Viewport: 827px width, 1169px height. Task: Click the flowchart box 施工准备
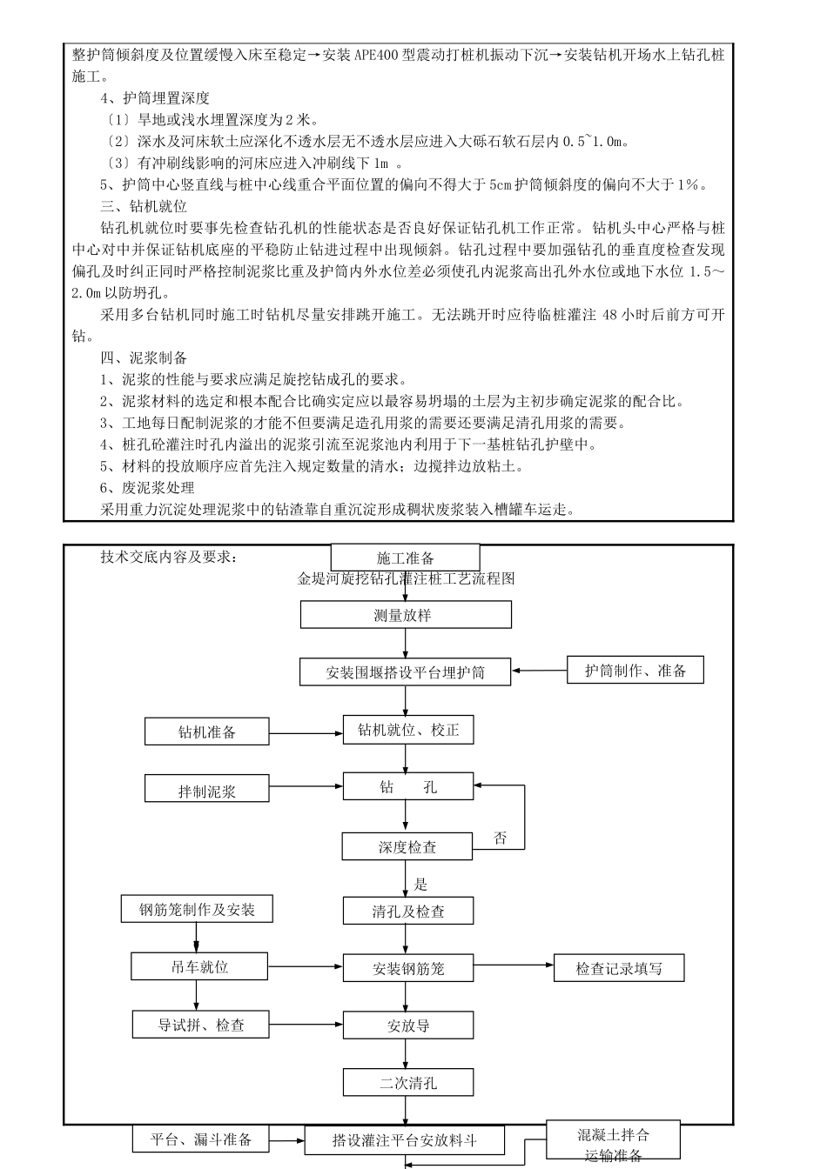coord(405,558)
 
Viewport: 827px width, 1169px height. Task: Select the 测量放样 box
coord(406,615)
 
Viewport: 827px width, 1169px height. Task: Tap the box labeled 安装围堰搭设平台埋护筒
coord(406,672)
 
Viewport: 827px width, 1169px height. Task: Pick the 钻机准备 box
coord(207,731)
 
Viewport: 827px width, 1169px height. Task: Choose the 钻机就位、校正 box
coord(408,730)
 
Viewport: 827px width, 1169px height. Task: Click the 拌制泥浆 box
coord(207,792)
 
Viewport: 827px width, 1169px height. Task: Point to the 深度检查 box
coord(407,846)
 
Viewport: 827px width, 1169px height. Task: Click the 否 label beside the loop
coord(501,838)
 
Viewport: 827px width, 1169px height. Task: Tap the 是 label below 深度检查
coord(421,885)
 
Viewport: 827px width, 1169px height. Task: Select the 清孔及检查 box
coord(408,912)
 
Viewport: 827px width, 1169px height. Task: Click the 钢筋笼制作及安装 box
coord(198,910)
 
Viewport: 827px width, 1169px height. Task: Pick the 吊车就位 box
coord(200,966)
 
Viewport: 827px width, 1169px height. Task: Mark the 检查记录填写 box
coord(619,968)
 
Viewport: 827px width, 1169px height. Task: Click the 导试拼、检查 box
coord(201,1025)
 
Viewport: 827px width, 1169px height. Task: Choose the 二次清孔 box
coord(408,1083)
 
